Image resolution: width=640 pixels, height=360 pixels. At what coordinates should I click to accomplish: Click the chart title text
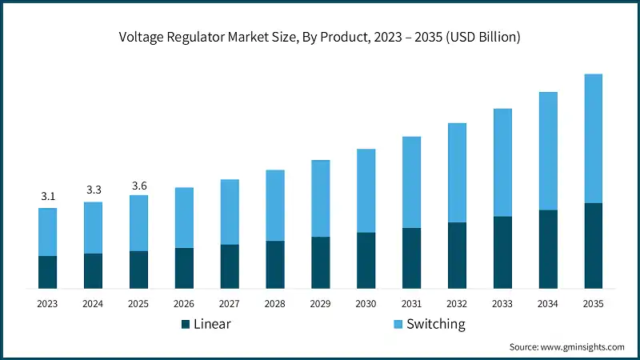point(320,37)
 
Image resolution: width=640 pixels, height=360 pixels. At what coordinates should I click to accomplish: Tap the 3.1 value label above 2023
point(47,196)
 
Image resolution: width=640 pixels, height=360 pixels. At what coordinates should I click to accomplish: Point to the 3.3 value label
point(93,190)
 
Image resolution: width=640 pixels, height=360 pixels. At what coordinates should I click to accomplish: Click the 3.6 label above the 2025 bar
point(138,186)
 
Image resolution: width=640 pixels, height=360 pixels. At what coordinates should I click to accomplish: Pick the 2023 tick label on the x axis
point(47,304)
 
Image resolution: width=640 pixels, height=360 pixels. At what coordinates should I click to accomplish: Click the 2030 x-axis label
point(366,304)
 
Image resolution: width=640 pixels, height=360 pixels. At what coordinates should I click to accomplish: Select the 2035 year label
point(593,304)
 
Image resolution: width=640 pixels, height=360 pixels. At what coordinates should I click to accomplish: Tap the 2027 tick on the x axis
point(230,304)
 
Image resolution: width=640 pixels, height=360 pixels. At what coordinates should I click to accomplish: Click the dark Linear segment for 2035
point(593,246)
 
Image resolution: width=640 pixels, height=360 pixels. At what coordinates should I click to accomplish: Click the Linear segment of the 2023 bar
point(47,272)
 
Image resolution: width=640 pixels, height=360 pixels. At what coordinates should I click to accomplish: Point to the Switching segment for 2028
point(275,205)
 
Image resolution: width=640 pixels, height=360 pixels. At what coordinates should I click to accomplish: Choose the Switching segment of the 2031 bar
point(411,182)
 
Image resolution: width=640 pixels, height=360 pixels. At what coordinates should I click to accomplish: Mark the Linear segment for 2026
point(184,268)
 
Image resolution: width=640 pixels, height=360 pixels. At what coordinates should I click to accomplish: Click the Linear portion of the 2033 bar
point(502,252)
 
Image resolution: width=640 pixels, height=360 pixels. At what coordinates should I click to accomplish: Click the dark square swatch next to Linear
point(186,324)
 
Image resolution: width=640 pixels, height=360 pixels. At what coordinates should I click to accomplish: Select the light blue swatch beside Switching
point(398,324)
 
